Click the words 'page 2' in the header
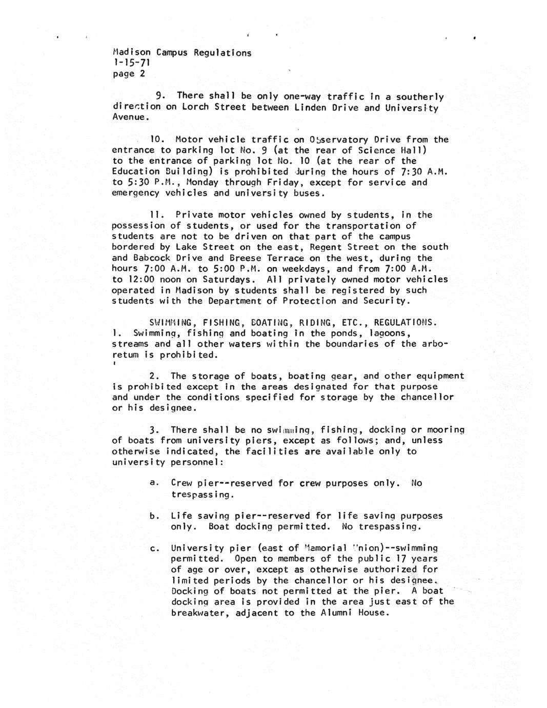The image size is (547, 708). pyautogui.click(x=129, y=74)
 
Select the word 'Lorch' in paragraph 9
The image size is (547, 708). pyautogui.click(x=195, y=107)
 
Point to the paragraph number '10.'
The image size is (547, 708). pyautogui.click(x=156, y=140)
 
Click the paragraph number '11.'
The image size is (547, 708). pyautogui.click(x=156, y=215)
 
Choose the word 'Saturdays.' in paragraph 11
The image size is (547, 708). pyautogui.click(x=229, y=280)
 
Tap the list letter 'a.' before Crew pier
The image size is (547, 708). pyautogui.click(x=153, y=483)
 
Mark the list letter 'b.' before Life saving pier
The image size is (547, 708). pyautogui.click(x=153, y=516)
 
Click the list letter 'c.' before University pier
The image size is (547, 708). pyautogui.click(x=153, y=549)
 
